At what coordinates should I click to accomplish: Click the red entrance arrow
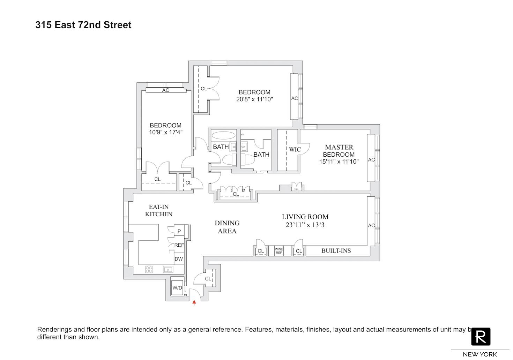pyautogui.click(x=194, y=303)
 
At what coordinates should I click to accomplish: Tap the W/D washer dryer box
pyautogui.click(x=177, y=287)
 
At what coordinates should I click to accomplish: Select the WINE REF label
pyautogui.click(x=279, y=251)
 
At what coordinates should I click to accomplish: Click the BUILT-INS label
pyautogui.click(x=336, y=250)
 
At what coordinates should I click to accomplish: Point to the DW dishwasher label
pyautogui.click(x=179, y=259)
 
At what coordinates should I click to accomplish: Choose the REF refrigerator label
pyautogui.click(x=179, y=245)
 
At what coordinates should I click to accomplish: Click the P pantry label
pyautogui.click(x=179, y=231)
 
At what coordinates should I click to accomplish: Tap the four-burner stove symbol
pyautogui.click(x=149, y=269)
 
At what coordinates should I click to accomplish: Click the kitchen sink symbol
pyautogui.click(x=168, y=269)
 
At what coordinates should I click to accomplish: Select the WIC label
pyautogui.click(x=295, y=149)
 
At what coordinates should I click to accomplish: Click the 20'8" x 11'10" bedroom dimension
pyautogui.click(x=254, y=99)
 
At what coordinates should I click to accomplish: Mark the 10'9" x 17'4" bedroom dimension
pyautogui.click(x=165, y=132)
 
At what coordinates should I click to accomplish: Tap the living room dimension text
pyautogui.click(x=305, y=225)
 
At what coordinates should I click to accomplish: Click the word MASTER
pyautogui.click(x=339, y=147)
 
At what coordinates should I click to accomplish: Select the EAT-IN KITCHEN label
pyautogui.click(x=159, y=211)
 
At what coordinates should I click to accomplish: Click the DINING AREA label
pyautogui.click(x=227, y=227)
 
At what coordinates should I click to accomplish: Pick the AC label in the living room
pyautogui.click(x=371, y=225)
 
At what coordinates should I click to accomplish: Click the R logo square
pyautogui.click(x=481, y=336)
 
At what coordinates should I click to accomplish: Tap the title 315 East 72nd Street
pyautogui.click(x=83, y=25)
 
